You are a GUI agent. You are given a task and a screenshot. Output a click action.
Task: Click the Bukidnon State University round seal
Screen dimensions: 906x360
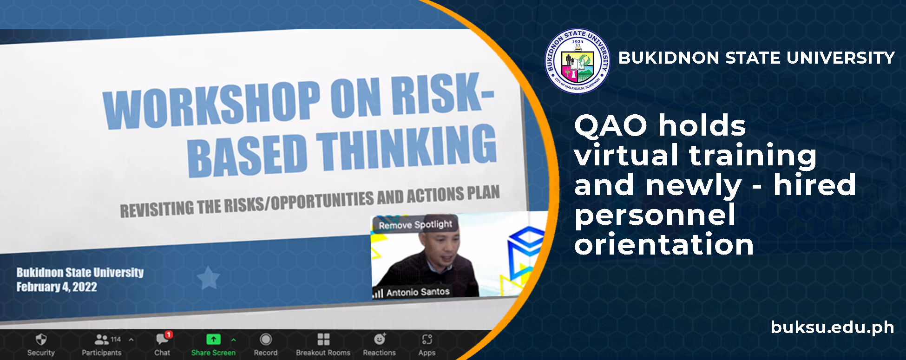578,61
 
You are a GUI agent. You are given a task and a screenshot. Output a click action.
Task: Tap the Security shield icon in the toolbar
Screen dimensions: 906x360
41,339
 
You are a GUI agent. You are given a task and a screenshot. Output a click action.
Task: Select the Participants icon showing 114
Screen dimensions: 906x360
102,339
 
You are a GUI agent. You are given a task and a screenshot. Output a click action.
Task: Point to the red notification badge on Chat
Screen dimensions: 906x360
169,334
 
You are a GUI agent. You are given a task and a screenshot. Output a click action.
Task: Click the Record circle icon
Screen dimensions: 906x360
266,340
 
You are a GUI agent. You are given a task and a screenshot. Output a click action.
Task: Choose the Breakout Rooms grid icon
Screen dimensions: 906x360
323,339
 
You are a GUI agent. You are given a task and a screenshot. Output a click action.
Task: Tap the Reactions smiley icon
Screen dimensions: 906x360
380,339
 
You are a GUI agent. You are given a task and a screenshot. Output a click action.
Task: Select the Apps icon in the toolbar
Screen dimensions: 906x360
427,339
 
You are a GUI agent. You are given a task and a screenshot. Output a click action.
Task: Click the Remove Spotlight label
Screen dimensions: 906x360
415,225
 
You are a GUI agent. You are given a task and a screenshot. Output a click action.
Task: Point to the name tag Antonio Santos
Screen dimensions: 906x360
418,292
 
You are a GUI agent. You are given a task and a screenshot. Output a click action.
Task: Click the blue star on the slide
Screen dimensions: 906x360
208,278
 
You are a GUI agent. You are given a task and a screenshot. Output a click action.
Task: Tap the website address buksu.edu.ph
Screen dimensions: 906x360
832,327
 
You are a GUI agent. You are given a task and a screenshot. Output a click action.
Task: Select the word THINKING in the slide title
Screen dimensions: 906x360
407,148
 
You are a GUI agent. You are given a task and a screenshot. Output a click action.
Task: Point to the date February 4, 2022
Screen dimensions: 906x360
57,287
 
